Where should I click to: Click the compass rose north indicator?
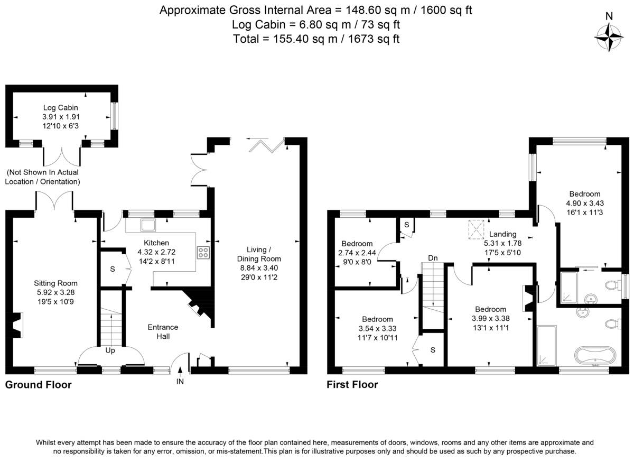point(609,37)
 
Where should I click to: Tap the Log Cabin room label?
point(61,108)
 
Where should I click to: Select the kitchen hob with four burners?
point(202,253)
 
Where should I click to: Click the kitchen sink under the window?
point(147,226)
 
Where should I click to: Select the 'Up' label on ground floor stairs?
point(111,350)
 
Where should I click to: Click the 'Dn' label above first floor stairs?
point(433,258)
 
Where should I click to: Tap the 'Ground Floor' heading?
point(38,385)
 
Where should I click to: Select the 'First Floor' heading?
point(352,385)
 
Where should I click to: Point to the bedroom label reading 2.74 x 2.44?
point(357,253)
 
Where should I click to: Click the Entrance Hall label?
point(163,331)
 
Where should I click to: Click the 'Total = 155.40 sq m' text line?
point(316,39)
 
